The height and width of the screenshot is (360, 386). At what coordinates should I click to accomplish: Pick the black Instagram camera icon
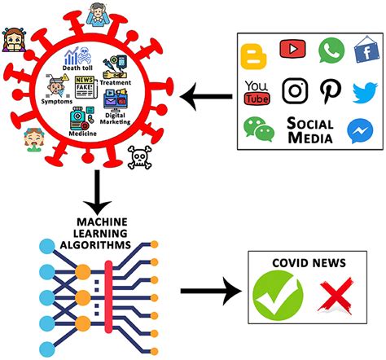(x=295, y=92)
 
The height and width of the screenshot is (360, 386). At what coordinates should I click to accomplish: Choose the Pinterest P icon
(x=330, y=91)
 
